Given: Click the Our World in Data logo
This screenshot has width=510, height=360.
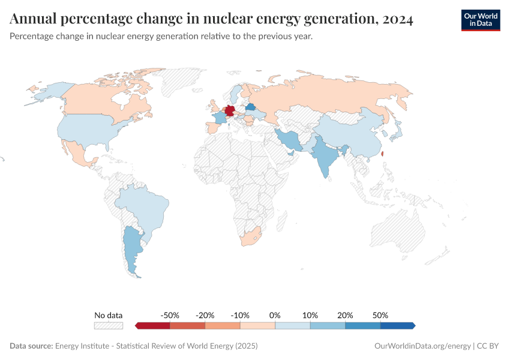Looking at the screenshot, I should click(x=480, y=20).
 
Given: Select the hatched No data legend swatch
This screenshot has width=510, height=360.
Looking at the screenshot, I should click(x=108, y=326).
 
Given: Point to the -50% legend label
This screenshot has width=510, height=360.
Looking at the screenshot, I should click(x=170, y=315).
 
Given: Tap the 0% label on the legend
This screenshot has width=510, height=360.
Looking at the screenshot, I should click(x=275, y=315).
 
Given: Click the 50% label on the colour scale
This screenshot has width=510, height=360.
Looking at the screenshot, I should click(x=380, y=315).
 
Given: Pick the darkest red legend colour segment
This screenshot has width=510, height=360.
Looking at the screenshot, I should click(x=153, y=326).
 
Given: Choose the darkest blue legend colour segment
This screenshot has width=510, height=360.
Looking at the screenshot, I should click(x=397, y=326).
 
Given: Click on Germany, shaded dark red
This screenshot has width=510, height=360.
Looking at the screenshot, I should click(x=229, y=112).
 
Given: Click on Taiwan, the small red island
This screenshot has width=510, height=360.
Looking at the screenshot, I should click(x=383, y=153).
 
